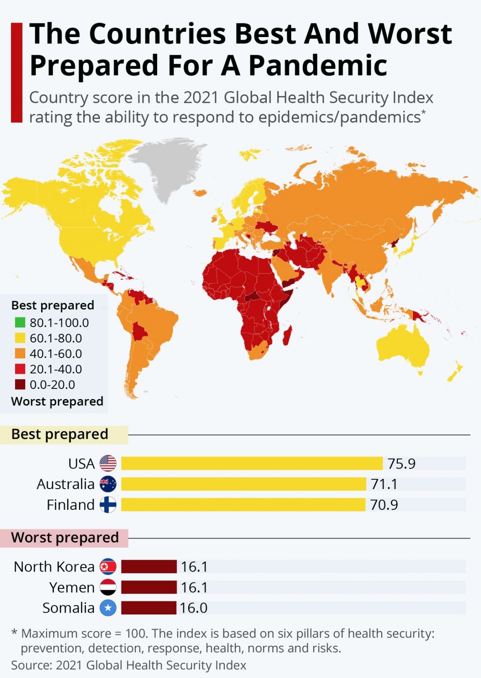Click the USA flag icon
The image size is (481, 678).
point(108,463)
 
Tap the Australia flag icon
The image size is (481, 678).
point(108,484)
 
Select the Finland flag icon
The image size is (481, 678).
point(108,505)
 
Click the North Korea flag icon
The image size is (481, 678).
point(108,566)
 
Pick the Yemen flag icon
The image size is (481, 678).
point(108,587)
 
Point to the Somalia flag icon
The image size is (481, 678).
point(108,608)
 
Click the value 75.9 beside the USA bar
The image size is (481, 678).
point(401,463)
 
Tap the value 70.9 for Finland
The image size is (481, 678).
point(384,505)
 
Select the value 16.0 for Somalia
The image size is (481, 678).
point(193,608)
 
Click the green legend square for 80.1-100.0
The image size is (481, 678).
point(20,323)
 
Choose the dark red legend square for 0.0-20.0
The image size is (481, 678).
point(20,384)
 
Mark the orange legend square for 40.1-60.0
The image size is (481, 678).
point(20,354)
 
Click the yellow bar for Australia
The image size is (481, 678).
point(243,484)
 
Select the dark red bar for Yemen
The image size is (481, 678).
point(149,587)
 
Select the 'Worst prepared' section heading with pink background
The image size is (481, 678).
point(64,538)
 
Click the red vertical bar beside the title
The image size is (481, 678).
point(16,72)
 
